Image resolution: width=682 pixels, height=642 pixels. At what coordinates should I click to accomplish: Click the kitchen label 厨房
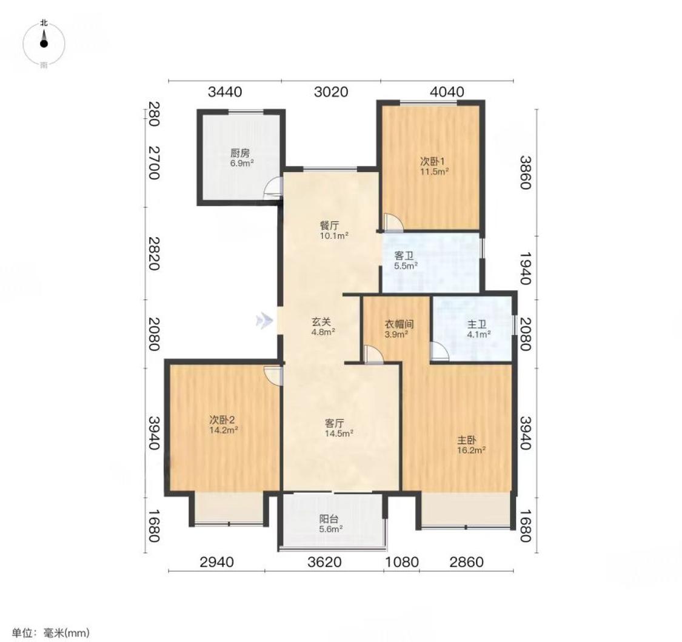(240, 153)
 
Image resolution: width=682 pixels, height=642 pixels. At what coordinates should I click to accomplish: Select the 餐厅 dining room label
(329, 226)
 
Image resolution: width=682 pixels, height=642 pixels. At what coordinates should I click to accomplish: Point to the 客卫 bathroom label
(404, 256)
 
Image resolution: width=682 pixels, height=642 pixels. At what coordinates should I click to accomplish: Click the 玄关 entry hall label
(321, 322)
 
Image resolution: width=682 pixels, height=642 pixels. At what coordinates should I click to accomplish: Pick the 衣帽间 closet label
(400, 324)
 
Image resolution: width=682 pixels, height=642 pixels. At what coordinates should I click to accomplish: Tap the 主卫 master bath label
(477, 324)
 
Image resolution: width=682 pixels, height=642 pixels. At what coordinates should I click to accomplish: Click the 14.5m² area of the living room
(339, 433)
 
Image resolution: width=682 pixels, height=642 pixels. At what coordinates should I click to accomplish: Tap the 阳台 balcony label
(329, 519)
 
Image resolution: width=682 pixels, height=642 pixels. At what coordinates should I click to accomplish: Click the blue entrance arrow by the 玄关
(264, 321)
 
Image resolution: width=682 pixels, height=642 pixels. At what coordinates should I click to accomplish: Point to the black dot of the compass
(44, 44)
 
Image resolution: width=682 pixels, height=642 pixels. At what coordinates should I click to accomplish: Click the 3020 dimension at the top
(331, 92)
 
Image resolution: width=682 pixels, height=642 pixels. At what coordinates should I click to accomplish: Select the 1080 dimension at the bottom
(402, 562)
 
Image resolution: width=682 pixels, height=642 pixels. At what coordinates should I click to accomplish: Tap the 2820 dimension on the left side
(153, 253)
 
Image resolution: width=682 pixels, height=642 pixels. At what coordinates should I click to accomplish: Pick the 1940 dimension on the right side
(525, 268)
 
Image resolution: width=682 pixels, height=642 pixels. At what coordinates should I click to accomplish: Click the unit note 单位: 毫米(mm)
(50, 632)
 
